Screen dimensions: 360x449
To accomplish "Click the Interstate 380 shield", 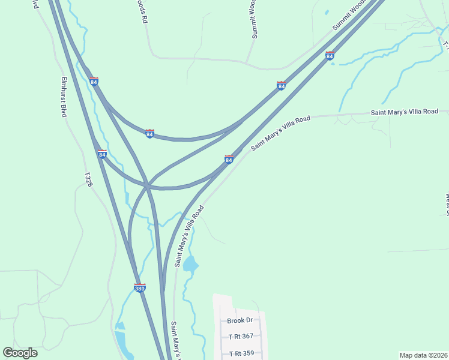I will (x=139, y=288).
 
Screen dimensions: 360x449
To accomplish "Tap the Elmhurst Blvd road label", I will (x=64, y=97).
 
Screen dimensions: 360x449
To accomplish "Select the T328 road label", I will (x=88, y=179).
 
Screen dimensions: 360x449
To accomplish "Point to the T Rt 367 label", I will (x=241, y=337).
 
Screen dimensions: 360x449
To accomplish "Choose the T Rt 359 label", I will (x=241, y=353).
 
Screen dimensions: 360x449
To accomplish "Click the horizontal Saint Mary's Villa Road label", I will (x=409, y=112).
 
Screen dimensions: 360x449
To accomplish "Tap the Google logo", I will (x=20, y=353).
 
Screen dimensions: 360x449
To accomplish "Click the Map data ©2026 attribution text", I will (x=423, y=355).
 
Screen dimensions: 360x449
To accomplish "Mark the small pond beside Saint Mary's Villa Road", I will (x=190, y=263).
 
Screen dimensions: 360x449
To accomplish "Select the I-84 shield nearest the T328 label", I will (x=102, y=154).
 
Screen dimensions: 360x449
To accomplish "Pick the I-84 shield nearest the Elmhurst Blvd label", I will (x=94, y=81).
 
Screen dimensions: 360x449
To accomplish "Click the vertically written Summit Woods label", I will (x=254, y=19).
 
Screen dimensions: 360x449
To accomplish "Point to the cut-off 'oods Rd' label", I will (x=142, y=11).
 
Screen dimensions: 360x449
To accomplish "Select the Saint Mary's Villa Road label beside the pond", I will (x=190, y=236).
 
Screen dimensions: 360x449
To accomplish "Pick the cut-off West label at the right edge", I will (x=447, y=203).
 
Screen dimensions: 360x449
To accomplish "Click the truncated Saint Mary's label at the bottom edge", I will (x=175, y=341).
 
